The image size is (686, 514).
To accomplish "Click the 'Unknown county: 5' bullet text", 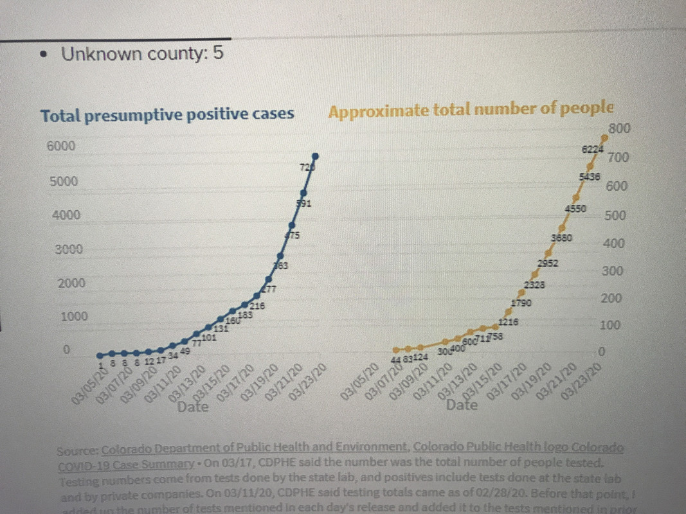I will click(x=141, y=53).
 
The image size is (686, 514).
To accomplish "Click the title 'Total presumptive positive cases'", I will click(x=167, y=114).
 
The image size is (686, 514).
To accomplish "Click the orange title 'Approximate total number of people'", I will click(x=471, y=110).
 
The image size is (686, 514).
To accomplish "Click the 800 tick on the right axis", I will click(x=618, y=129).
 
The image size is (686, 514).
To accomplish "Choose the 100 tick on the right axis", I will click(x=609, y=326).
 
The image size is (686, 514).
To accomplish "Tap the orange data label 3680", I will click(x=561, y=238).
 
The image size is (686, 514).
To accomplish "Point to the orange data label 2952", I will click(x=548, y=263).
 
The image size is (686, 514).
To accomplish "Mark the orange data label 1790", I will click(x=521, y=303).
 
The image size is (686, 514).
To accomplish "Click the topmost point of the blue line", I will click(x=316, y=155).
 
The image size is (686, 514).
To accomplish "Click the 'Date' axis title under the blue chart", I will click(x=193, y=407).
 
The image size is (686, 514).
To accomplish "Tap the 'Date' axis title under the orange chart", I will click(x=462, y=405).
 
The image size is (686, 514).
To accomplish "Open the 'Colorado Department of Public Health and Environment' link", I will click(x=255, y=448).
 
